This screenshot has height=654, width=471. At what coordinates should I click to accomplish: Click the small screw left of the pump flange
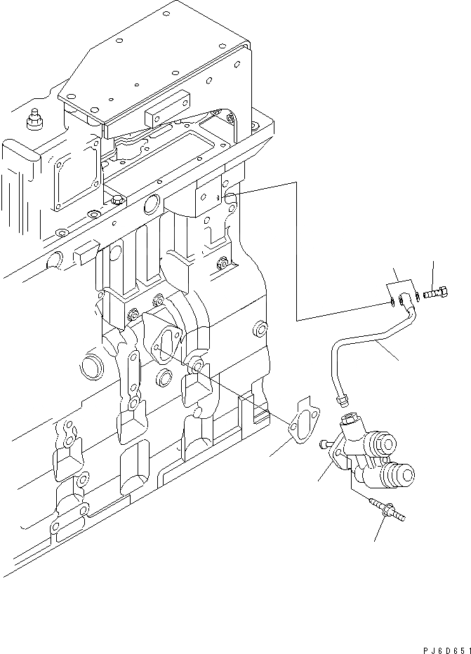point(325,443)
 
